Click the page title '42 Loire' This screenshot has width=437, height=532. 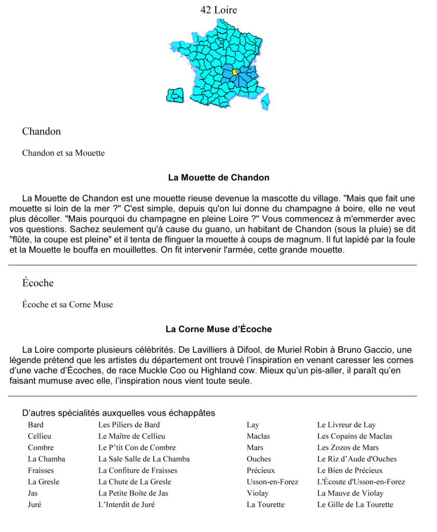pos(218,10)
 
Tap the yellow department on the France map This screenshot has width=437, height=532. pos(235,72)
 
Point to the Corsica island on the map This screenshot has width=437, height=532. pos(265,102)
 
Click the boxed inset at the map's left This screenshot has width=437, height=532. pos(175,95)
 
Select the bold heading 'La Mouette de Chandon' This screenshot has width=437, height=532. pos(218,178)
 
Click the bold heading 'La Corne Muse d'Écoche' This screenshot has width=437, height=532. pos(218,329)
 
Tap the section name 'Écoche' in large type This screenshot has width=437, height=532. pos(38,283)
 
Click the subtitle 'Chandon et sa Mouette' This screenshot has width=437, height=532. pos(63,153)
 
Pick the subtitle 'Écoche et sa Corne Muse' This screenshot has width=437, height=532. pos(68,305)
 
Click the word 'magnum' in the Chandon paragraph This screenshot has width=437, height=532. pos(303,240)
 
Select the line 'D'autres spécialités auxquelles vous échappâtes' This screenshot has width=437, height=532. pos(118,414)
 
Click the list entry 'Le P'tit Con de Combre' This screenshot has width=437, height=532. pos(137,448)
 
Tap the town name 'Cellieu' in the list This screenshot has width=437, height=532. pos(39,436)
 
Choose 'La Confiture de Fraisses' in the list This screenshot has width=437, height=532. pos(138,471)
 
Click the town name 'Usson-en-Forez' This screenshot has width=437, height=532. pos(272,482)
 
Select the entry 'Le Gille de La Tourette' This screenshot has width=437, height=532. pos(355,505)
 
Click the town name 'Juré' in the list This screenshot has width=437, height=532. pos(34,505)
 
